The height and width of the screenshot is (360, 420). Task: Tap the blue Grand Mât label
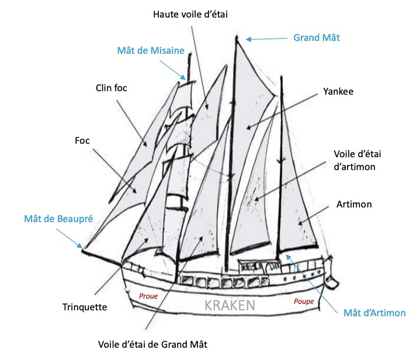[x=315, y=37]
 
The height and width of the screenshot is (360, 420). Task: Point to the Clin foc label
[x=111, y=88]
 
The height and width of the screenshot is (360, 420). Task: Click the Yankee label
[x=338, y=92]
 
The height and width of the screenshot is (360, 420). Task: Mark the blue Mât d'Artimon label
[x=374, y=313]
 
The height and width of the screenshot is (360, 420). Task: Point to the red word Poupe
[x=304, y=302]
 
